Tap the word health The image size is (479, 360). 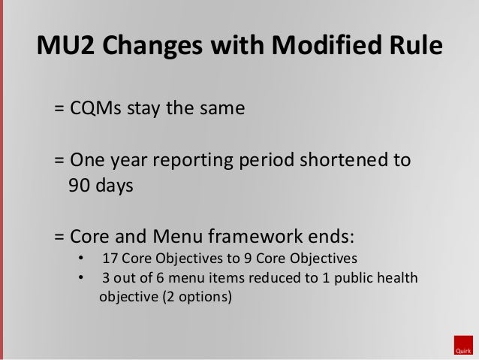point(398,279)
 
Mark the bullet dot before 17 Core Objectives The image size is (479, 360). point(81,261)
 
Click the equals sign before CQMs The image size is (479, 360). point(59,108)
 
